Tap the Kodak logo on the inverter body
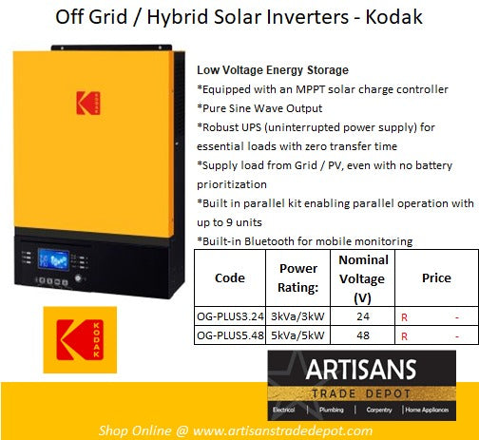pyautogui.click(x=87, y=103)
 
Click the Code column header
pyautogui.click(x=231, y=277)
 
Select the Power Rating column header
pyautogui.click(x=298, y=277)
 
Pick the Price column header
pyautogui.click(x=436, y=277)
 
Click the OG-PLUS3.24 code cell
pyautogui.click(x=231, y=316)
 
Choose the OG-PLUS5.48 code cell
pyautogui.click(x=231, y=335)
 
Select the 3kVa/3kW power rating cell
pyautogui.click(x=298, y=316)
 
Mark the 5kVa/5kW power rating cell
pyautogui.click(x=298, y=335)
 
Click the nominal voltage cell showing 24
pyautogui.click(x=361, y=316)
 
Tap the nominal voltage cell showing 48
pyautogui.click(x=361, y=335)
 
